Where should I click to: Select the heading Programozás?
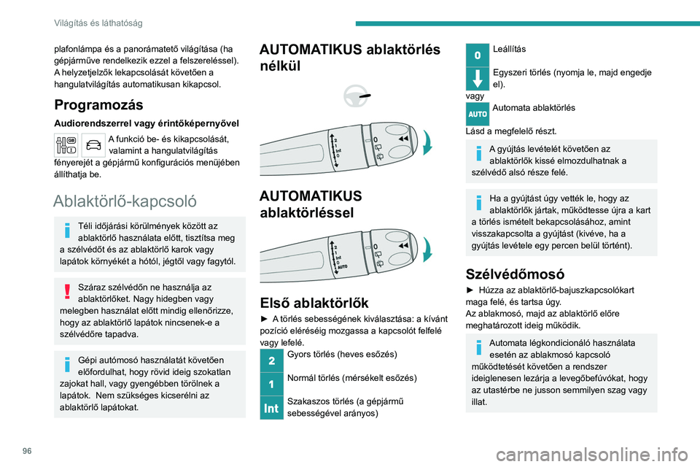(x=95, y=104)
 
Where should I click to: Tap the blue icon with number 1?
(x=271, y=383)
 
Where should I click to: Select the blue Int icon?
(x=271, y=409)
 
